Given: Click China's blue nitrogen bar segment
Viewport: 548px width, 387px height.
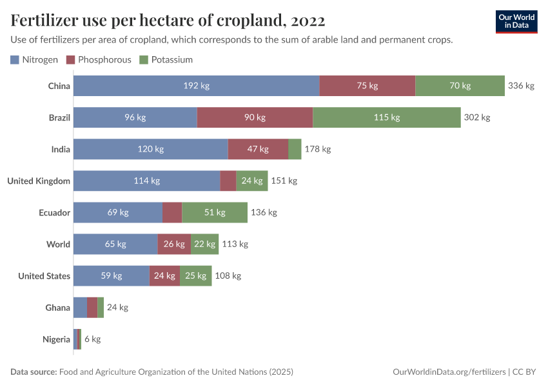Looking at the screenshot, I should click(196, 86).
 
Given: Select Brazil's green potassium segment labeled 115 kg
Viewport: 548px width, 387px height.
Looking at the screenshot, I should click(386, 117).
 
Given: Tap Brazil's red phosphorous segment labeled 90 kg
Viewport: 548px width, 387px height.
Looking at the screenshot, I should click(255, 117).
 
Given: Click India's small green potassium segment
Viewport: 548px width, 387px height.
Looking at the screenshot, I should click(295, 149).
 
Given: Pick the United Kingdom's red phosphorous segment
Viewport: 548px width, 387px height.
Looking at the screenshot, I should click(228, 181).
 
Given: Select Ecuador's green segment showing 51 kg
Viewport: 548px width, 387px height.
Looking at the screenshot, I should click(215, 212).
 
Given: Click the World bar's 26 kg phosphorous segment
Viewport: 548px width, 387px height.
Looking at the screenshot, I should click(174, 244).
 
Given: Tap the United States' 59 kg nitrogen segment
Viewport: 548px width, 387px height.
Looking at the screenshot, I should click(112, 275).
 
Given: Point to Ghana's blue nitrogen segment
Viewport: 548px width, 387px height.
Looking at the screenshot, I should click(80, 307).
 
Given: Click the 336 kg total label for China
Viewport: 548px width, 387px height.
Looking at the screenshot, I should click(521, 86).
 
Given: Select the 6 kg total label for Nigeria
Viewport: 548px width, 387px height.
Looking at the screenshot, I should click(92, 339).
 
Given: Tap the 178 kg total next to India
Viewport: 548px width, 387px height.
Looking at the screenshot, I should click(317, 149).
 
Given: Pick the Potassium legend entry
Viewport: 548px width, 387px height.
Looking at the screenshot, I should click(166, 59).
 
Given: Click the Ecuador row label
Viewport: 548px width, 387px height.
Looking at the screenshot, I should click(54, 212).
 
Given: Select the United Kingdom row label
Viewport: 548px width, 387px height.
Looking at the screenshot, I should click(39, 181).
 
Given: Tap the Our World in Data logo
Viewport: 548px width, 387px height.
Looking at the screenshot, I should click(516, 21).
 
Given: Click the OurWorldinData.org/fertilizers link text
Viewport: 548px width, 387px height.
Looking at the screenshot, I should click(449, 372).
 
